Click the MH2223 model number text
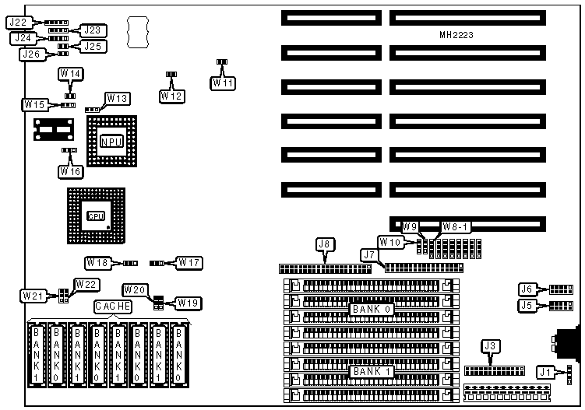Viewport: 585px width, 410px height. coord(456,36)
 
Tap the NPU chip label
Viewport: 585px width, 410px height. coord(111,141)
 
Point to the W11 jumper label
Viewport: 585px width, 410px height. coord(222,81)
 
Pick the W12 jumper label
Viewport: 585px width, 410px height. coord(171,95)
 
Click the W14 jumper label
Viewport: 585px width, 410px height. coord(71,74)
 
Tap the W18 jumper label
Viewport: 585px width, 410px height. coord(98,263)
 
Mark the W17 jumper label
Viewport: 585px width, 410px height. coord(190,263)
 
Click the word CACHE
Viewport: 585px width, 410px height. coord(113,307)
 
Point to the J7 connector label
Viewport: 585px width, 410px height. coord(370,255)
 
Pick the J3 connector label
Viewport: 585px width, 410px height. coord(491,346)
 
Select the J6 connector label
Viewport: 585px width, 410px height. coord(527,289)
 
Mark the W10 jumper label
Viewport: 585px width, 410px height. coord(389,242)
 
